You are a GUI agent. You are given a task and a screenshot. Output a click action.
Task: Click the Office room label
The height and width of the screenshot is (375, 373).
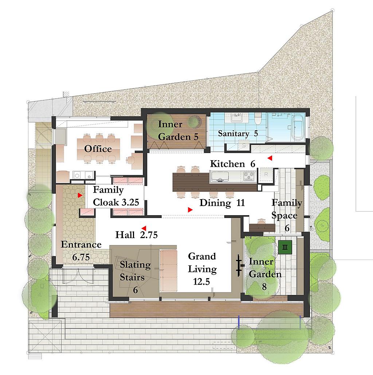98,149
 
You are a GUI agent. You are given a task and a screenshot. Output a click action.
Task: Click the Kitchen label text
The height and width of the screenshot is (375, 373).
228,164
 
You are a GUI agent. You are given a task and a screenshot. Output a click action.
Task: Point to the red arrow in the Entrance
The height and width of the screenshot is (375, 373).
80,196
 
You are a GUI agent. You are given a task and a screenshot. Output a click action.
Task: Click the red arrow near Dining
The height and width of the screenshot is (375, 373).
190,210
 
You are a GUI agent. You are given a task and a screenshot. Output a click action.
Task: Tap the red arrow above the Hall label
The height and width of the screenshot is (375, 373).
144,228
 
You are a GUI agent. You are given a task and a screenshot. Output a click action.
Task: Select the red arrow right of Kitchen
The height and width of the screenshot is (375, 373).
270,158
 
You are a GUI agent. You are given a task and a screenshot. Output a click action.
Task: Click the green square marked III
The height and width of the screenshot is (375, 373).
285,247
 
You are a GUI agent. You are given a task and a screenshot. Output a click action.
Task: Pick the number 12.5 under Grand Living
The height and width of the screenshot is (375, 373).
201,282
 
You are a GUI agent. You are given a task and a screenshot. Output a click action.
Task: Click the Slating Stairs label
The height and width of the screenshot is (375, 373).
135,271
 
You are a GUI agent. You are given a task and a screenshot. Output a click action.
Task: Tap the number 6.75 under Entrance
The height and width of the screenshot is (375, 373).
81,257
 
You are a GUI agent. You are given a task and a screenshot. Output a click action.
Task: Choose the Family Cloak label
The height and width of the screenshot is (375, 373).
116,196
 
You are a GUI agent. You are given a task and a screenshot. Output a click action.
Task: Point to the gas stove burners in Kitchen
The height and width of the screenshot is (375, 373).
249,176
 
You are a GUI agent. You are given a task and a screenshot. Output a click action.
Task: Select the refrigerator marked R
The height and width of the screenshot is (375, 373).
266,175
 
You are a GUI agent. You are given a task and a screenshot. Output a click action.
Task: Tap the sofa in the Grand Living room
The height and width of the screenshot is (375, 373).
168,271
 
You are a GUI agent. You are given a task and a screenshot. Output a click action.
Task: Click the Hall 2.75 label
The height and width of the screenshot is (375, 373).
136,235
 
